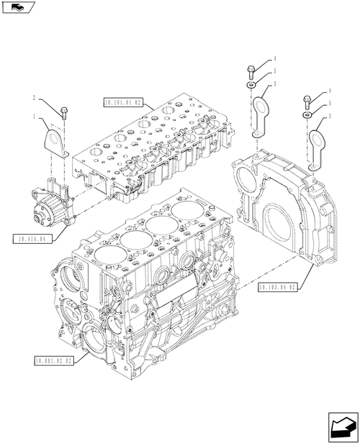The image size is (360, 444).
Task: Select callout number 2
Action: coord(33,97)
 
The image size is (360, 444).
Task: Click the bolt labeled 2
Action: coord(63,112)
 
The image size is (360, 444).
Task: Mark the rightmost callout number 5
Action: coord(330,104)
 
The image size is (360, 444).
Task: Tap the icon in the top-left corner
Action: coord(16,8)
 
